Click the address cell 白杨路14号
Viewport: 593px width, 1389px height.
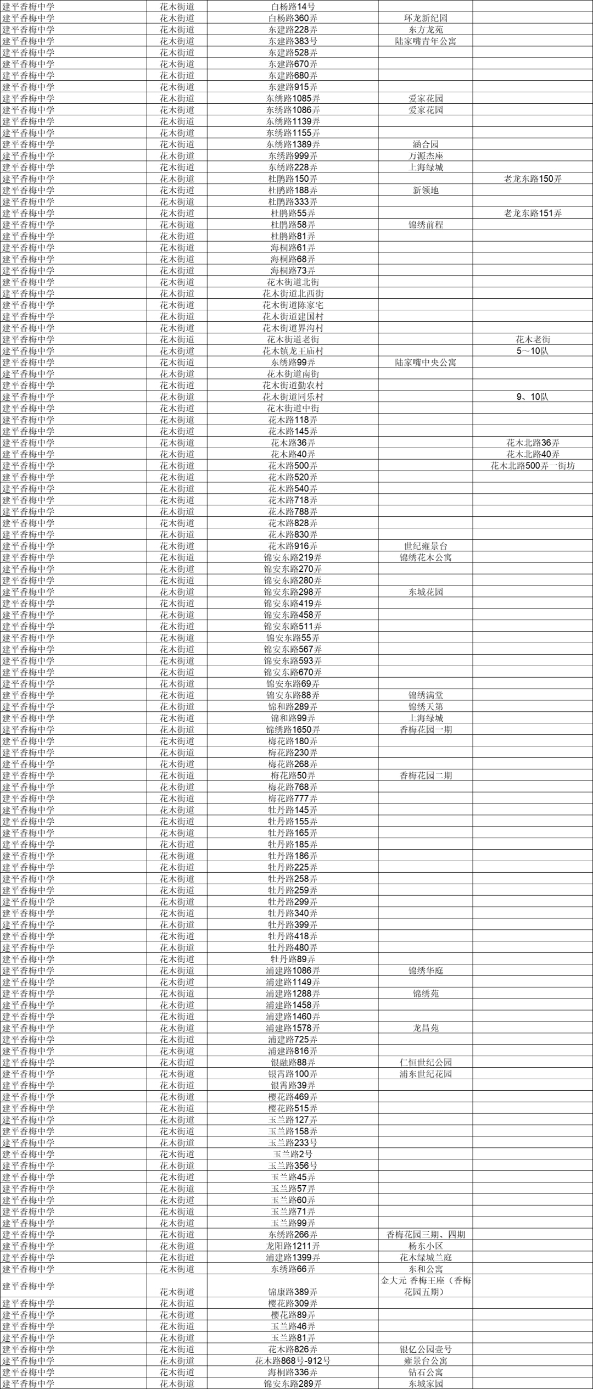pos(293,7)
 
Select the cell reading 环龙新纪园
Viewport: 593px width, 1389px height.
pos(426,18)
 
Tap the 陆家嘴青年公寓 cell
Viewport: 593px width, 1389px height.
pos(426,41)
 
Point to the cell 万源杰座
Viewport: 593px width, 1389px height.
pos(426,156)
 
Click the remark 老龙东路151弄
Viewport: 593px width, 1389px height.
pos(533,213)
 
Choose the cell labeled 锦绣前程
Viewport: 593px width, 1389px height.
pos(426,225)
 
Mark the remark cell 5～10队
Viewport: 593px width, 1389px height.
pos(533,351)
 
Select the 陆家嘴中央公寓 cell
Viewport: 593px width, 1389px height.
pos(426,362)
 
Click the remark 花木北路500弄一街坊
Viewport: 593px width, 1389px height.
pos(533,466)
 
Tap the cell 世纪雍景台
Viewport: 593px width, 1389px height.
pos(426,546)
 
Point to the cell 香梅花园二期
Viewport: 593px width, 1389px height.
pos(426,776)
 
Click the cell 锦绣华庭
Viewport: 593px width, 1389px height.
pos(426,970)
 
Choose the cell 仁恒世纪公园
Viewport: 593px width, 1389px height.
pos(426,1062)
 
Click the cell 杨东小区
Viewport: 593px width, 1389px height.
pos(426,1246)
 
